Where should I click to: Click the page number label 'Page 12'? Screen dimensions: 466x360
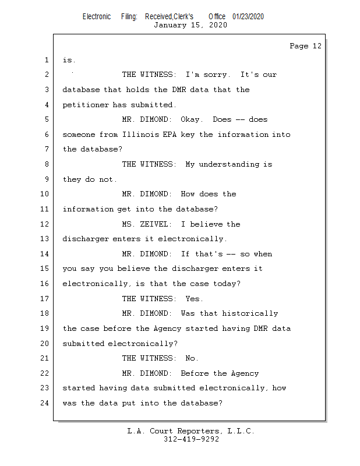305,46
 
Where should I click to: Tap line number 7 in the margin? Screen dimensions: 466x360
47,149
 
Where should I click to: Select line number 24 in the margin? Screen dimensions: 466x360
45,403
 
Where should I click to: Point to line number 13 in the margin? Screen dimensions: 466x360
45,239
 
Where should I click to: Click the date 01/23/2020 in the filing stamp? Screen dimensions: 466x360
248,16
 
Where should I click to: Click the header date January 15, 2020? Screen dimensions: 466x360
190,25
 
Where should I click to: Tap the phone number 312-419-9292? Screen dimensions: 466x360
191,439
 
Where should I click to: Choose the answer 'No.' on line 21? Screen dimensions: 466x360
192,358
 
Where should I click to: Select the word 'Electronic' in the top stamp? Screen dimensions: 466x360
97,16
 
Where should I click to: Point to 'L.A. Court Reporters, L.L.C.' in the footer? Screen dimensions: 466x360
190,431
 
